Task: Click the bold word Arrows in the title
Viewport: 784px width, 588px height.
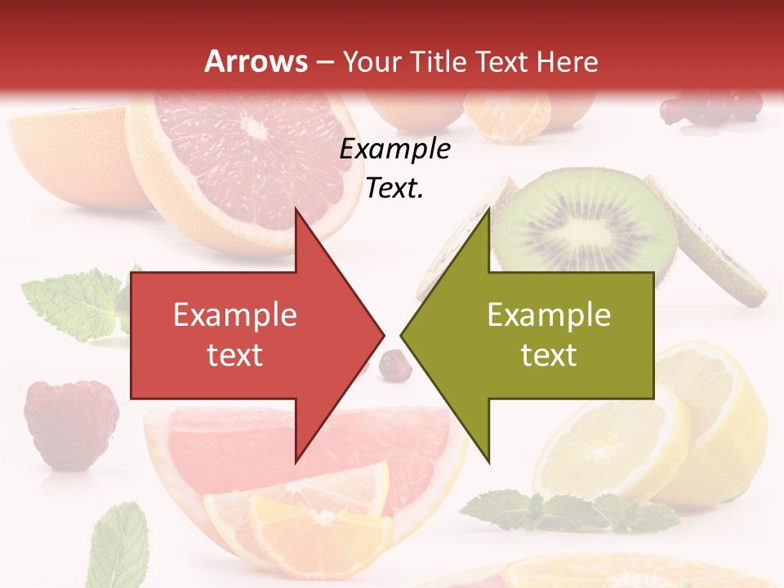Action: (256, 61)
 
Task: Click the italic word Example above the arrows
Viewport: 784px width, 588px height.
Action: (394, 149)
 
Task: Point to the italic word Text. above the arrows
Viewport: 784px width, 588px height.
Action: (394, 189)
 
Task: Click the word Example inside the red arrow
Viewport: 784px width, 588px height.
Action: (234, 315)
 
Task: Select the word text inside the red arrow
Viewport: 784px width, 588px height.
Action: (234, 354)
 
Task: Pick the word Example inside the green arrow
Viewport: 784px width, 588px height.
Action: (549, 315)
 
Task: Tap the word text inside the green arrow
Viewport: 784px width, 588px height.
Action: (549, 354)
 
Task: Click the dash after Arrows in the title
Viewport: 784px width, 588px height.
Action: (323, 62)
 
